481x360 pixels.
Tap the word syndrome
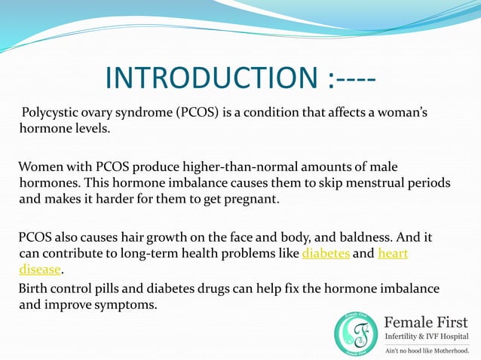point(146,114)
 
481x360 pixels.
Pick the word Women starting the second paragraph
point(41,166)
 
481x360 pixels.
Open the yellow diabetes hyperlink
point(326,254)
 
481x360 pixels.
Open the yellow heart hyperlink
point(393,254)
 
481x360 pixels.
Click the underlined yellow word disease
point(39,270)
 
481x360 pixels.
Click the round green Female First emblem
point(356,332)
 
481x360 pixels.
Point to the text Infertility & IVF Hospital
point(427,335)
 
